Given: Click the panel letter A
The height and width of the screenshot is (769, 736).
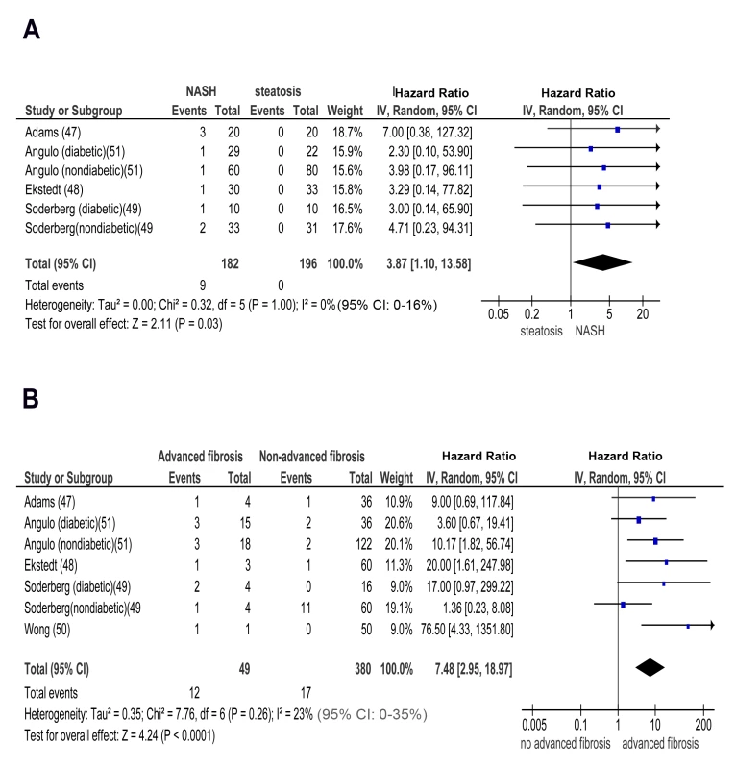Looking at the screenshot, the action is click(32, 30).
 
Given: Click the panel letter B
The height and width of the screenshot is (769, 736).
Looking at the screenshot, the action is click(31, 398).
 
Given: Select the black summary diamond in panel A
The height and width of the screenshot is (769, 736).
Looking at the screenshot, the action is click(602, 262).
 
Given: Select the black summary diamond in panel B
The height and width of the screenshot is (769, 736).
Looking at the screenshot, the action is click(650, 667).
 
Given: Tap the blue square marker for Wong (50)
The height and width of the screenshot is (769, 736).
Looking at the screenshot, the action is click(688, 627).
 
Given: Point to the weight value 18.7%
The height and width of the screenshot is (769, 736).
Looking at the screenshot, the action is click(348, 133).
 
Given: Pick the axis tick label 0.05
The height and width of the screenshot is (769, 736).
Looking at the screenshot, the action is click(498, 314).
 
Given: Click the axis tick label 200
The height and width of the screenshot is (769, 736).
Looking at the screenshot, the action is click(703, 725).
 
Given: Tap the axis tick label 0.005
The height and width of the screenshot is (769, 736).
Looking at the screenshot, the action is click(534, 725).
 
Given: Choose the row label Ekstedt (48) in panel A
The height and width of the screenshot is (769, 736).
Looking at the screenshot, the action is click(54, 189).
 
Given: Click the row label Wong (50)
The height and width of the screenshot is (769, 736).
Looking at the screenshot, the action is click(47, 630).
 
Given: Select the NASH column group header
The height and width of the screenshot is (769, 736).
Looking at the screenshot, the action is click(201, 91).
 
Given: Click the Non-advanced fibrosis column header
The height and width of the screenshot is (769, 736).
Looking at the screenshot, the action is click(312, 457).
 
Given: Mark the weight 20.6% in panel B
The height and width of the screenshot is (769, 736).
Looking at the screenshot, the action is click(398, 523).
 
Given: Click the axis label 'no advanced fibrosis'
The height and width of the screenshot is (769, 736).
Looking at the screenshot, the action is click(565, 743).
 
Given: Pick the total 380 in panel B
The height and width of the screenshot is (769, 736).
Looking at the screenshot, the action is click(363, 669).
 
